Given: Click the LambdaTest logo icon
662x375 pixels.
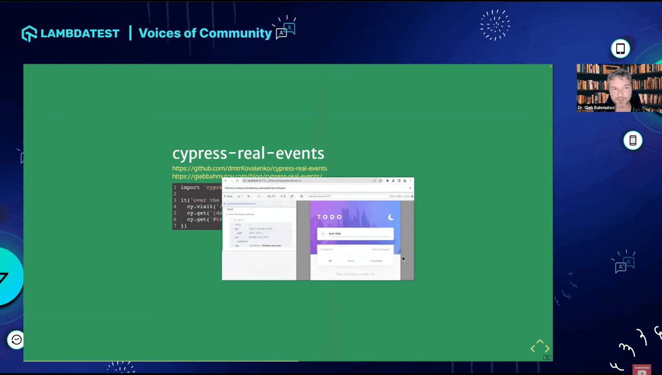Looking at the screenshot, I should coord(29,33).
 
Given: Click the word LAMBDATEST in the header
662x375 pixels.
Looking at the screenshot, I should coord(80,33).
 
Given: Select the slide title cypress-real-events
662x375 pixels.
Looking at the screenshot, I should coord(248,153).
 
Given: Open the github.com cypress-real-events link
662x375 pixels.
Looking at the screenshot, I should coord(249,169).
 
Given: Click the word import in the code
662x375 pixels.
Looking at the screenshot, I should coord(190,187).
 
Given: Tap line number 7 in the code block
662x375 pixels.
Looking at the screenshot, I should coord(175,226).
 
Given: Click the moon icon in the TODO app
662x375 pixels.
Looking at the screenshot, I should coord(391,217).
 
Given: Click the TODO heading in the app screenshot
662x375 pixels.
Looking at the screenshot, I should coord(330,217).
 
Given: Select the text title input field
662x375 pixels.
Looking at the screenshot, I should coord(356,234).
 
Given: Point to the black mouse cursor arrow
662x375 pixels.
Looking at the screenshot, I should coord(403,259).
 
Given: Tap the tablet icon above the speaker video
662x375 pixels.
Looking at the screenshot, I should coord(620,49).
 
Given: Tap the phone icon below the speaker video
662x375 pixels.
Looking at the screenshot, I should coord(633,140).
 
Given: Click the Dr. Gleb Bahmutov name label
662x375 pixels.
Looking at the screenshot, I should coord(596,108).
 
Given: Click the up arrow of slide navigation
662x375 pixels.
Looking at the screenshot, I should coord(540,342).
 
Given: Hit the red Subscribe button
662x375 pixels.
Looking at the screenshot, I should coord(642,369).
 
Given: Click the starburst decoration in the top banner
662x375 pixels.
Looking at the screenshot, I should coord(495,25).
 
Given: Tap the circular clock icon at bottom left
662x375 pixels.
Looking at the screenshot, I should coord(17,340).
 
